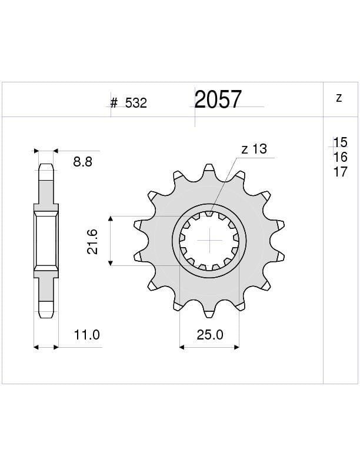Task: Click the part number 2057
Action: tap(218, 100)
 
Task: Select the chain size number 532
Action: tap(136, 104)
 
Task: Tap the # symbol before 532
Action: tap(114, 104)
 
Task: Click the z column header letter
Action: tap(339, 98)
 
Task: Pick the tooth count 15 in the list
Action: tap(341, 142)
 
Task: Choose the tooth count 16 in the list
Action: tap(341, 157)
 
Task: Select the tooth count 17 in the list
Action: tap(341, 172)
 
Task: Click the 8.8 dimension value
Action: tap(82, 162)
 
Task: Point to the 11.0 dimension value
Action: tap(86, 335)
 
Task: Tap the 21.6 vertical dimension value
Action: tap(92, 241)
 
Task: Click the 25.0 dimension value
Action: tap(209, 335)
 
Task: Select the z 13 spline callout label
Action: tap(254, 149)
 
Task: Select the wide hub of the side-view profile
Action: tap(46, 241)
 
